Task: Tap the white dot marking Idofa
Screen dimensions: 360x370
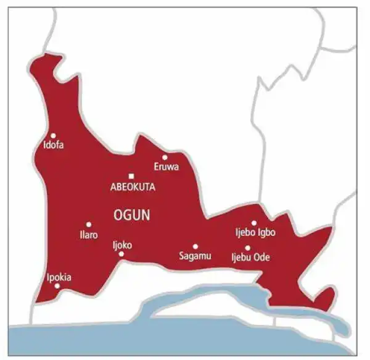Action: [53, 135]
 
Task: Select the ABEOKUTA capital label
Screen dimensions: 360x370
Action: [132, 186]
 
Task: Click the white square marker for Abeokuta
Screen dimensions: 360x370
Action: [131, 176]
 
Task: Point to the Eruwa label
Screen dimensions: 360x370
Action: [167, 167]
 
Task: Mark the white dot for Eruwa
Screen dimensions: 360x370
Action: [165, 157]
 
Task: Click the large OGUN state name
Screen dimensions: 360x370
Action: [133, 214]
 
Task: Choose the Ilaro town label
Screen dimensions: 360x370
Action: [88, 235]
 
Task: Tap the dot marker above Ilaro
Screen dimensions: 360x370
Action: [89, 225]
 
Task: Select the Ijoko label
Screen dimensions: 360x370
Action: [122, 245]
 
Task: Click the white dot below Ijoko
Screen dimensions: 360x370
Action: [121, 254]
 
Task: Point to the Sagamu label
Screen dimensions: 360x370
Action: [194, 256]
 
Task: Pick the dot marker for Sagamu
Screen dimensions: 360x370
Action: [195, 246]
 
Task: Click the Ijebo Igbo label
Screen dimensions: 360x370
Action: [255, 233]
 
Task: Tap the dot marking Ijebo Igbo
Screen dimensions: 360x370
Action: [253, 223]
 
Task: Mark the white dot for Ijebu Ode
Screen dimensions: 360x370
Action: [248, 248]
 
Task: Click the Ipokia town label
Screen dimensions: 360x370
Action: [59, 277]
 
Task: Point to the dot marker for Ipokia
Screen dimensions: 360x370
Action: [57, 286]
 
